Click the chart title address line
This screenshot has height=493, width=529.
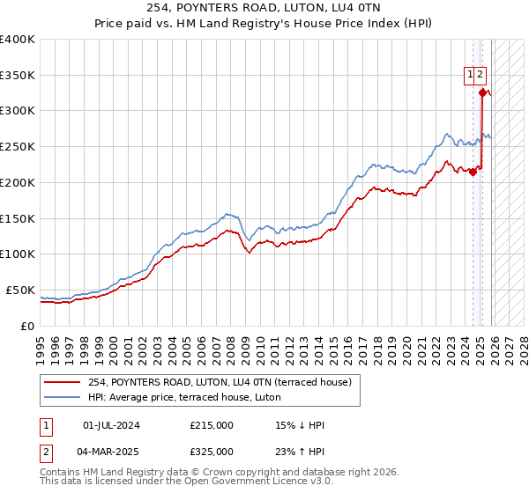264,8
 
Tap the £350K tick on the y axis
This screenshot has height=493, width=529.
18,75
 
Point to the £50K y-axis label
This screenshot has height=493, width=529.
20,290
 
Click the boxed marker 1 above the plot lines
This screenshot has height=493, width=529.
471,75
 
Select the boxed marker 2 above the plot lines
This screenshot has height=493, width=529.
481,75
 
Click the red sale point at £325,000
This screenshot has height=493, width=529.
482,92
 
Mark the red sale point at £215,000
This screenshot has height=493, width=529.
473,172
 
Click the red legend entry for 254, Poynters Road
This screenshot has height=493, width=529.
220,382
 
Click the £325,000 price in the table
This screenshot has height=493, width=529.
212,452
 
